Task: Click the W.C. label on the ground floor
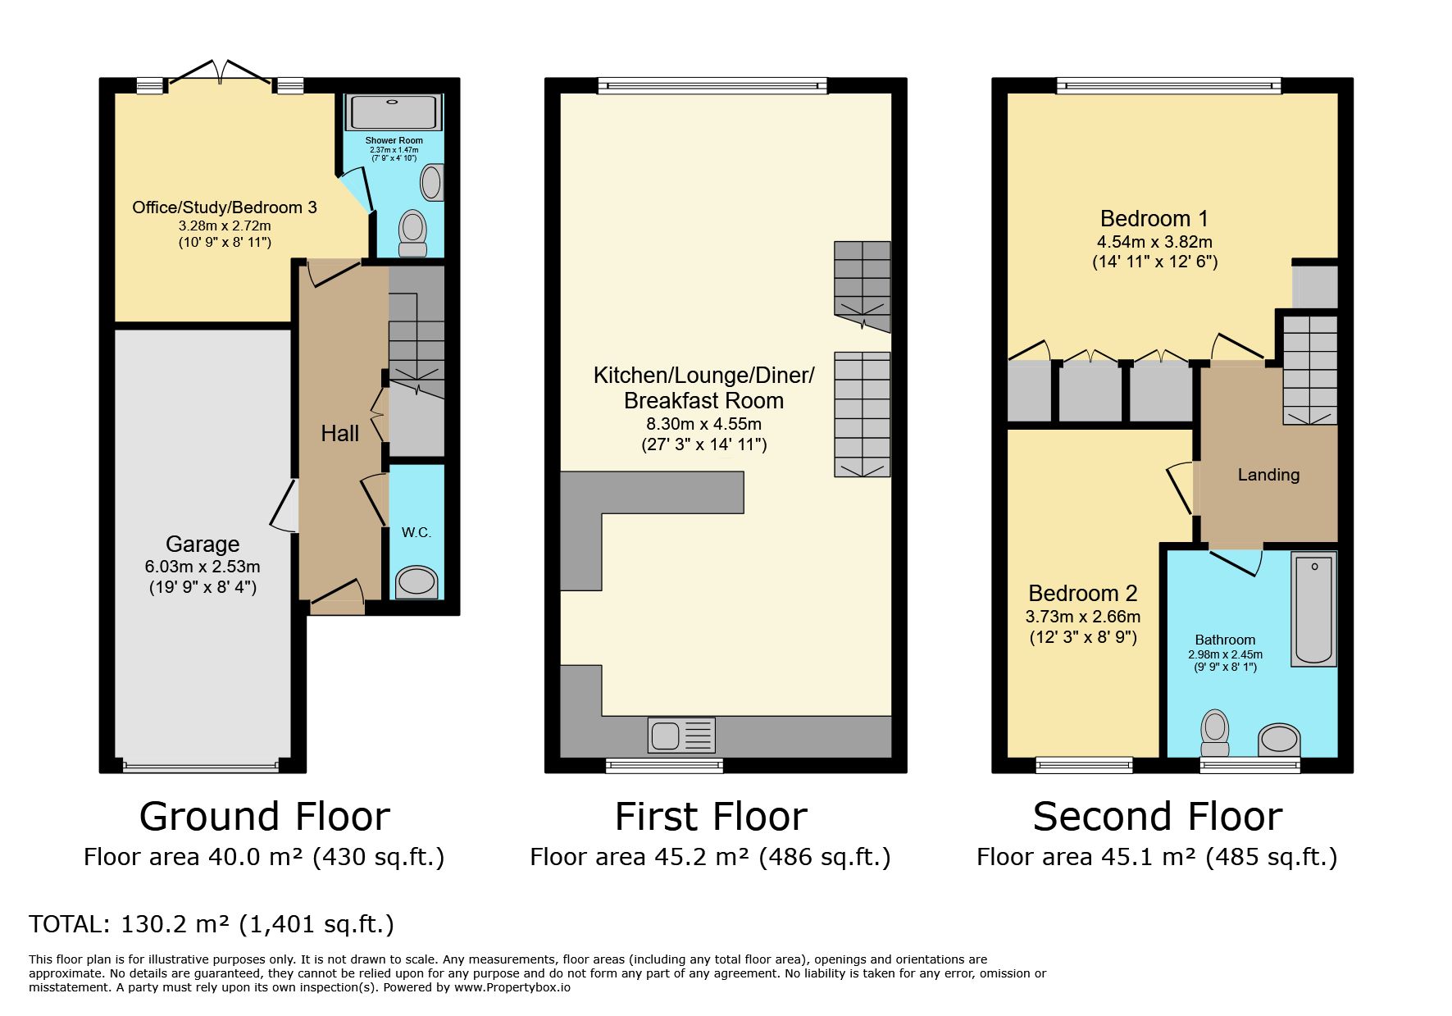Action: coord(416,533)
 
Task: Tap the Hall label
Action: coord(339,433)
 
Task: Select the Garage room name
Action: coord(203,544)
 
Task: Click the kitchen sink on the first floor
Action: coord(681,736)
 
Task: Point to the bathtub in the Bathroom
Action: coord(1313,608)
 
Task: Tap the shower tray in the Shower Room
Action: coord(395,112)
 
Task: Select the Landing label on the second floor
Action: coord(1268,475)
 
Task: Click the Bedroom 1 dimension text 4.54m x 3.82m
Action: coord(1154,242)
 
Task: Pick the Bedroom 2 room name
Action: coord(1083,593)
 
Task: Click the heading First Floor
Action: coord(711,817)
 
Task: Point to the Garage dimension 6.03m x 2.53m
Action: coord(203,567)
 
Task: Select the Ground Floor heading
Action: coord(264,817)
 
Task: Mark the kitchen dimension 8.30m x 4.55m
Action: coord(704,424)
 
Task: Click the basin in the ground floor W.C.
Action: coord(416,582)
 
